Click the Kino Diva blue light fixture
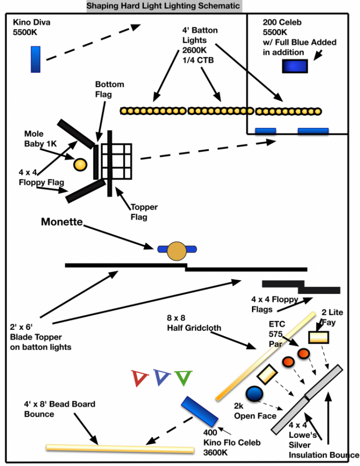point(35,59)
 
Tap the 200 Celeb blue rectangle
point(295,66)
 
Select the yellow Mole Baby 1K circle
point(80,165)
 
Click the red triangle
point(139,377)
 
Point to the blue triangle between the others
point(162,377)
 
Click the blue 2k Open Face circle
point(254,394)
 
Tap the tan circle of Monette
point(176,251)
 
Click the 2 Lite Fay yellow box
point(319,338)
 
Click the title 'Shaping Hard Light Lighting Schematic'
point(164,6)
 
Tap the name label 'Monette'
point(62,222)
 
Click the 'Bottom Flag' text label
point(110,89)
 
